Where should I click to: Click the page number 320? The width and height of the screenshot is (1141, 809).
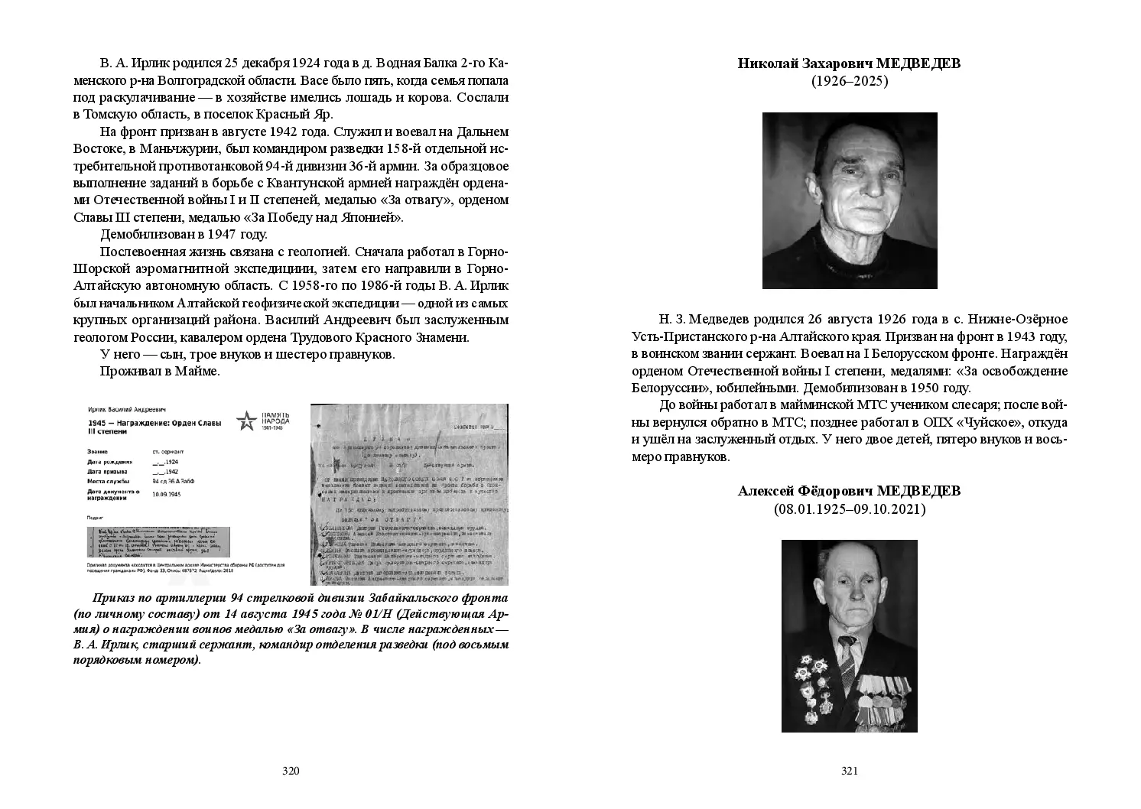point(290,771)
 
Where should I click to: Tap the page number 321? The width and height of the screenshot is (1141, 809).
point(849,771)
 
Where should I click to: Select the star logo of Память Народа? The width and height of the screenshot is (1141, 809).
point(246,421)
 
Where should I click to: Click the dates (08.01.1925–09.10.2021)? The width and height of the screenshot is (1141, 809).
point(849,508)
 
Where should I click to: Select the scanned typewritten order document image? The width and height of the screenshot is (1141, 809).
point(409,495)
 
